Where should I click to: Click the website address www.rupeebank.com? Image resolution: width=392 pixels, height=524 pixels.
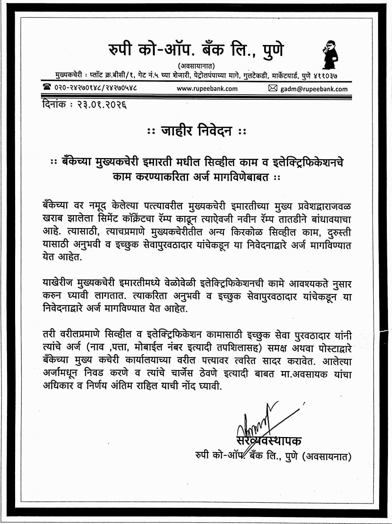point(207,88)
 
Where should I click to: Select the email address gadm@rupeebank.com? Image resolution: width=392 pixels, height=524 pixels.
point(314,88)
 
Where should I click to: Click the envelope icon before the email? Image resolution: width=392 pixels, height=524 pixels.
point(273,88)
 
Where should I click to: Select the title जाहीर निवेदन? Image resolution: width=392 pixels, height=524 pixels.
point(196,131)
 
